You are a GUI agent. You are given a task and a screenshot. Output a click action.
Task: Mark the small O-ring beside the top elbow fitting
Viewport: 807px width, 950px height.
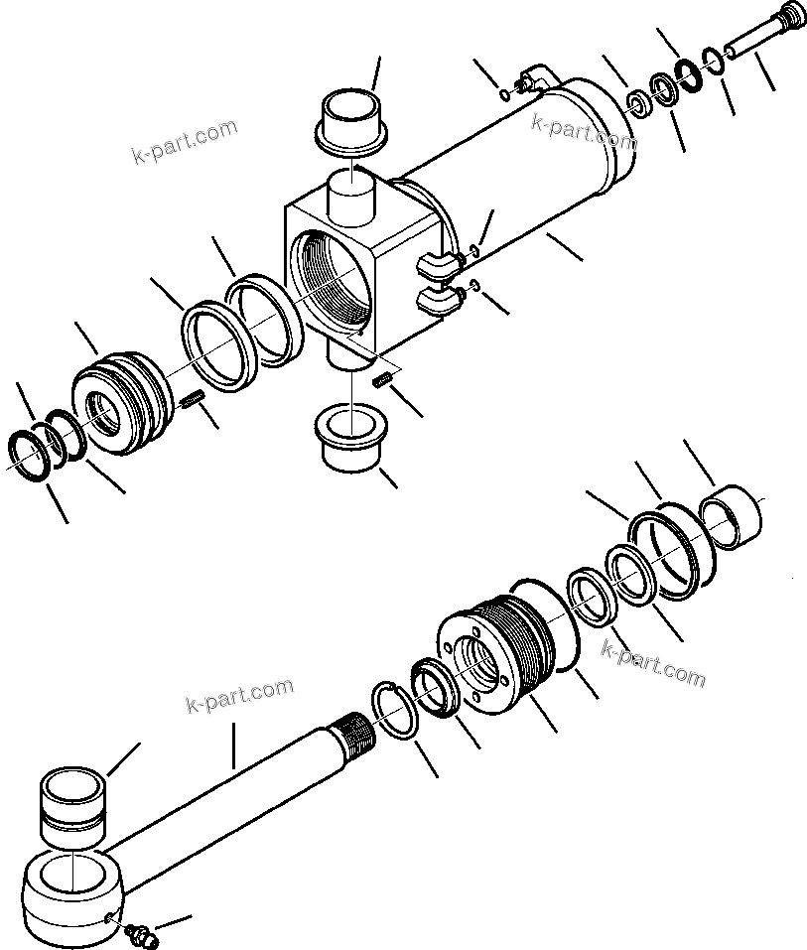tap(505, 95)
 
